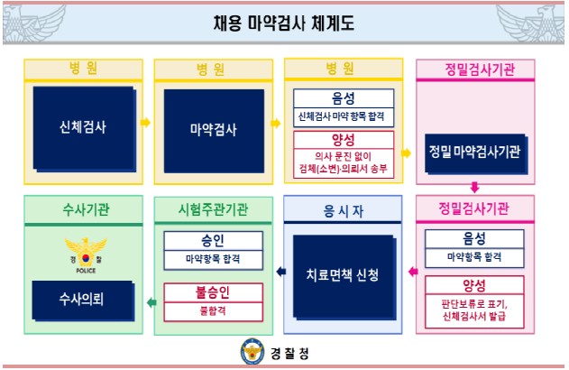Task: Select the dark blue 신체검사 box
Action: (82, 127)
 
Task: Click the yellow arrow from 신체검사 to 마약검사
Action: (145, 121)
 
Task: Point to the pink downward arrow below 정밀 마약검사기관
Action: (474, 188)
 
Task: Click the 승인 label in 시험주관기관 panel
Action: (214, 241)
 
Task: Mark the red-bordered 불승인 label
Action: (214, 293)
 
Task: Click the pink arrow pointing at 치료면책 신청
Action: (411, 270)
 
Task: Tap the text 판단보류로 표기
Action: (474, 303)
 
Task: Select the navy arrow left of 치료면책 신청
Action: (280, 270)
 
